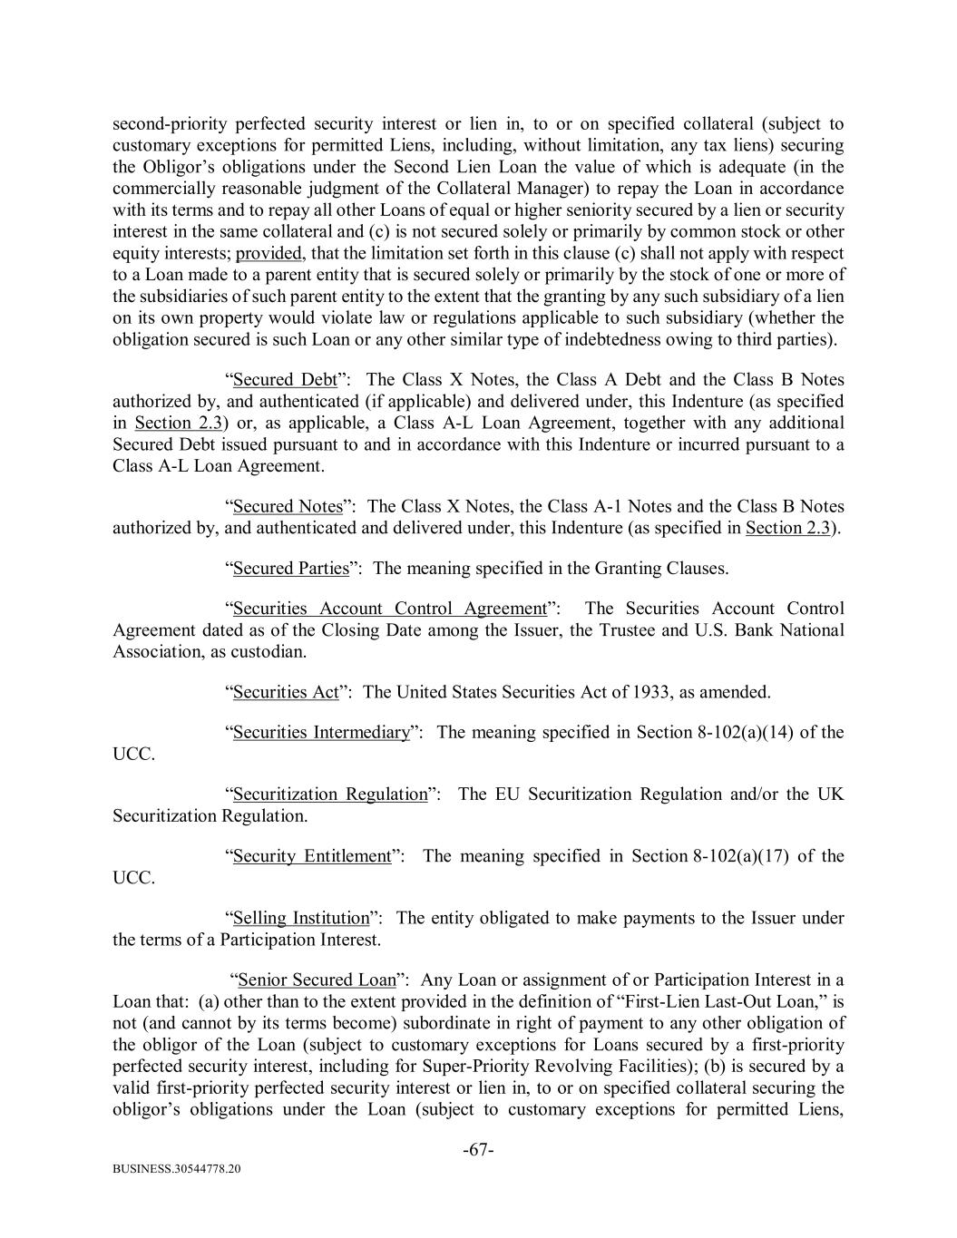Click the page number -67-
pos(478,1150)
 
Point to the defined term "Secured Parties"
pos(290,569)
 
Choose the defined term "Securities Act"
pos(285,693)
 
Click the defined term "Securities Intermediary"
pos(321,733)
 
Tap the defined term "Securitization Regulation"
pos(329,794)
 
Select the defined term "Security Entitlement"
pos(311,856)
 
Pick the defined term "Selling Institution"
pos(301,918)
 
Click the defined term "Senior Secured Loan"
pos(317,980)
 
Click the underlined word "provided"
pos(268,253)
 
